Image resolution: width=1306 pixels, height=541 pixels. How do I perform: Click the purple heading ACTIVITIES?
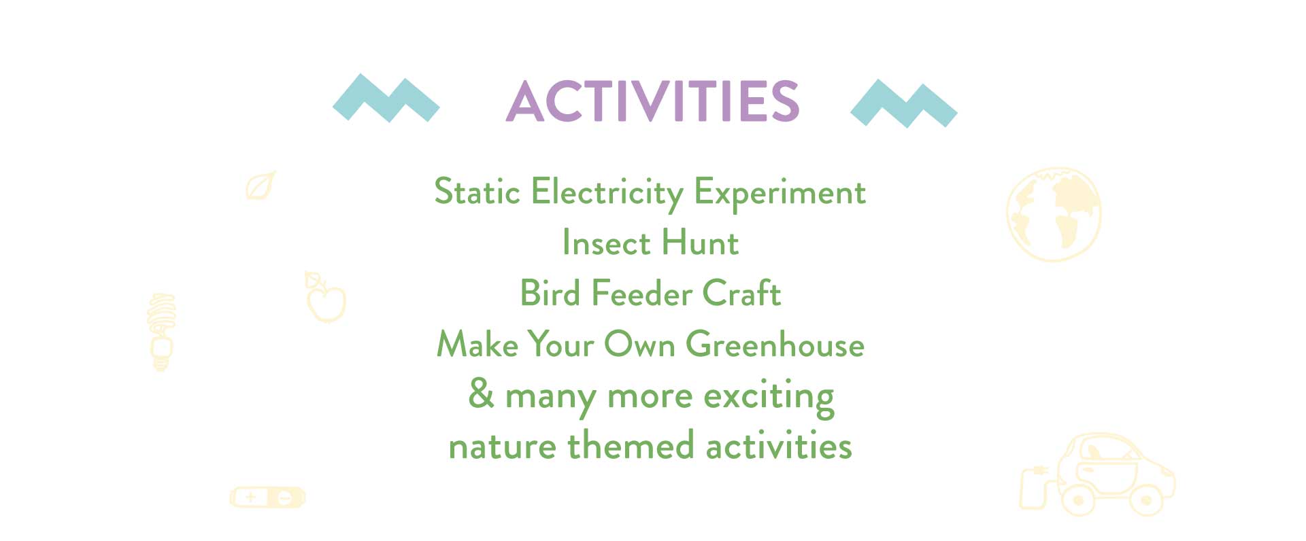coord(652,101)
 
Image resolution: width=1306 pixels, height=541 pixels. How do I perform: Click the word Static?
coord(477,191)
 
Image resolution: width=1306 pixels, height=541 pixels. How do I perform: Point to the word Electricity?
coord(607,193)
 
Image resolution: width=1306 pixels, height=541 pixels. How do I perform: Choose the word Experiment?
coord(780,194)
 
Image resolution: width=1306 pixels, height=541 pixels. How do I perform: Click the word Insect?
coord(606,243)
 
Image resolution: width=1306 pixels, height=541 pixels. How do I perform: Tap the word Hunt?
coord(700,243)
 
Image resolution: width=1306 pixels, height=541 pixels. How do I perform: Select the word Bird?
coord(550,293)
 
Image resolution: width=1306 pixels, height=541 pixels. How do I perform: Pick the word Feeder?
coord(641,293)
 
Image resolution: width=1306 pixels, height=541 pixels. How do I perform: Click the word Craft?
coord(741,293)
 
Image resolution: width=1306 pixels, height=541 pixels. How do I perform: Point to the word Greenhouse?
coord(775,344)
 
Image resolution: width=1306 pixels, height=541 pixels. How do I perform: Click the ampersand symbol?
coord(481,393)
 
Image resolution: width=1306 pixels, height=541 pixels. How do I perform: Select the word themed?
coord(631,446)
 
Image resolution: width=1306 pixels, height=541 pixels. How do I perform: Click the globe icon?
coord(1054,214)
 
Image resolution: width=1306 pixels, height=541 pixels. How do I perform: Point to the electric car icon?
coord(1096,475)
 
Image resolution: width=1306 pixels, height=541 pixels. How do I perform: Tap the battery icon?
coord(267,498)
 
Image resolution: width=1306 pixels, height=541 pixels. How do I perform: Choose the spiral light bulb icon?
coord(161,332)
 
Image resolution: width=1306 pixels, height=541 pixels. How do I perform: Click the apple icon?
coord(325,298)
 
